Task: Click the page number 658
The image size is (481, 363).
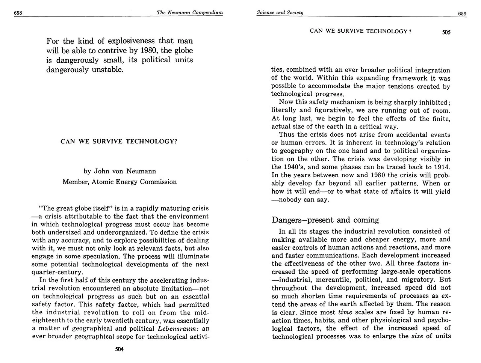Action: (18, 13)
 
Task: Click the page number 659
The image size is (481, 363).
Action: (462, 14)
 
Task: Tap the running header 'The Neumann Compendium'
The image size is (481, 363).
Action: (190, 13)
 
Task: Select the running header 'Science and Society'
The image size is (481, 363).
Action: (280, 13)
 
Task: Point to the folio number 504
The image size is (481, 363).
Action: (119, 349)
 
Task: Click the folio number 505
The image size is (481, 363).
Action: (446, 32)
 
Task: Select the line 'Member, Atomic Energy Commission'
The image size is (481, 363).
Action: (119, 182)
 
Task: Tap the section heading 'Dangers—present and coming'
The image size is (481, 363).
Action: (325, 220)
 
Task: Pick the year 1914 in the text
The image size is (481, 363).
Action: (442, 167)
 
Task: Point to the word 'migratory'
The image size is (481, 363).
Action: (414, 280)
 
